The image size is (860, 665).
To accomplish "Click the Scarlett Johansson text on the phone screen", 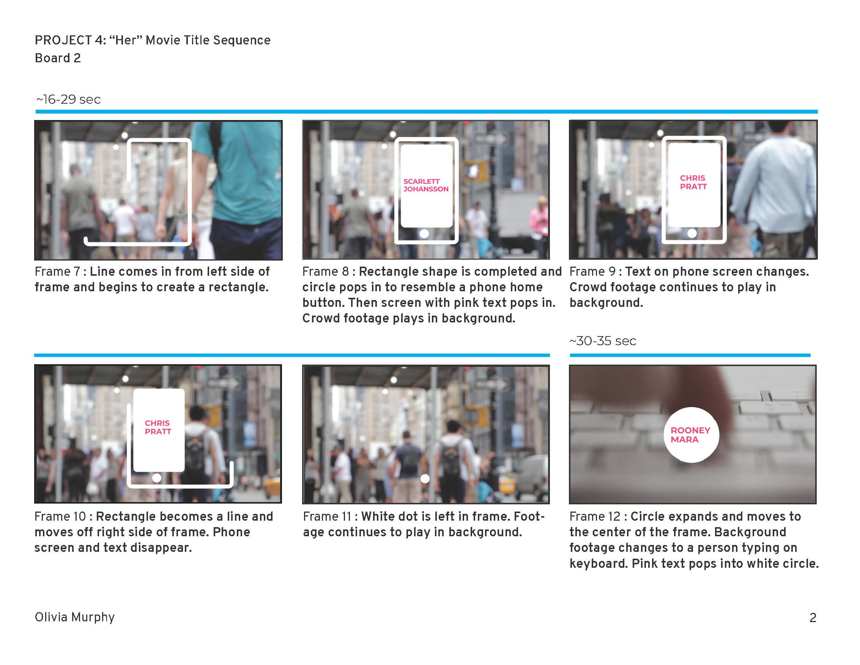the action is point(426,185).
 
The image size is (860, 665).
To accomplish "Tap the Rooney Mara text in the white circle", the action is point(690,435).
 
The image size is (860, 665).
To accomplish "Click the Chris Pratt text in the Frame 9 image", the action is point(693,182).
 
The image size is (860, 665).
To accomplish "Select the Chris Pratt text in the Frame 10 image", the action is point(158,427).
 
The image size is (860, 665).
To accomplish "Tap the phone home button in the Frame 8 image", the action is point(424,234).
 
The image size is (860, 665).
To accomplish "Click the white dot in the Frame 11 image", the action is point(425,479).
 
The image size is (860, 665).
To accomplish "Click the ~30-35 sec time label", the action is point(602,341).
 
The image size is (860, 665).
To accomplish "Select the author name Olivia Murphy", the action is point(74,617).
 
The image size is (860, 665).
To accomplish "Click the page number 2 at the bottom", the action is point(813,618).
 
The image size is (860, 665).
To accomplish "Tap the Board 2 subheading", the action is point(57,58).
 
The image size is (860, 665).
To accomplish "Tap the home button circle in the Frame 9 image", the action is point(692,233).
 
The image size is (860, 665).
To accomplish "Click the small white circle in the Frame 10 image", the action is point(157,478).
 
